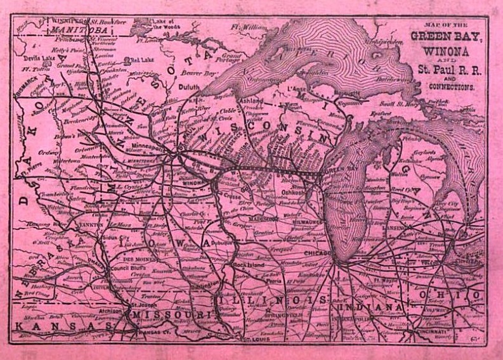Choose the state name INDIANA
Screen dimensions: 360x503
(372, 307)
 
